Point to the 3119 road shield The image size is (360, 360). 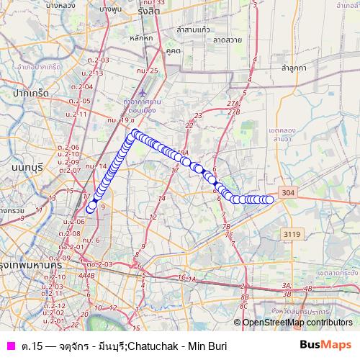291,233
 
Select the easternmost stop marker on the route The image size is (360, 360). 270,199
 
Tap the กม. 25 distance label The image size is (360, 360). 151,70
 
